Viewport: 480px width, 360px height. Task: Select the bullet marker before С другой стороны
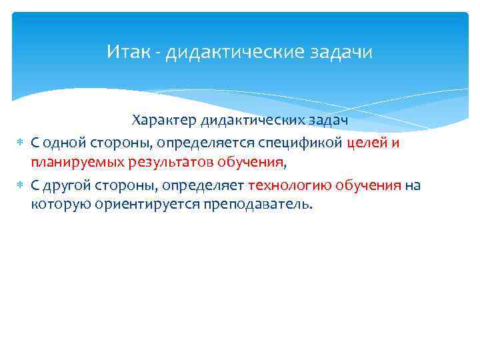tap(19, 185)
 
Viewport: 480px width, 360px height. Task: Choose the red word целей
tap(366, 143)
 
